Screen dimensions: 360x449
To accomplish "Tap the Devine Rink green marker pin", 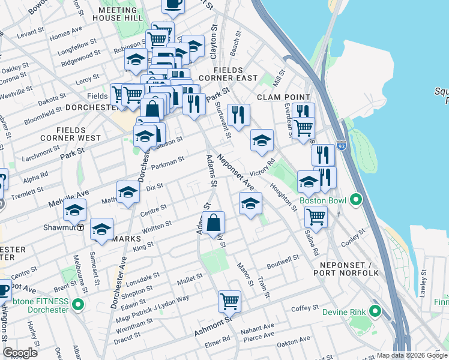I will [x=376, y=311].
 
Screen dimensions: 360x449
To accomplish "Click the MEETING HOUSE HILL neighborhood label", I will [x=118, y=14].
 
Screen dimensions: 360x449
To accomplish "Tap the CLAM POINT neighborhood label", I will [x=283, y=97].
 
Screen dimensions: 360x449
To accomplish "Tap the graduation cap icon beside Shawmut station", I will [x=75, y=211].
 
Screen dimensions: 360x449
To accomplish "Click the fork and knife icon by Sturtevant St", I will [x=238, y=115].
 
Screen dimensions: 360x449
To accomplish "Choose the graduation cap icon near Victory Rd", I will [x=262, y=140].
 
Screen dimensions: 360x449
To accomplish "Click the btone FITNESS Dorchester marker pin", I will [x=77, y=305].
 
